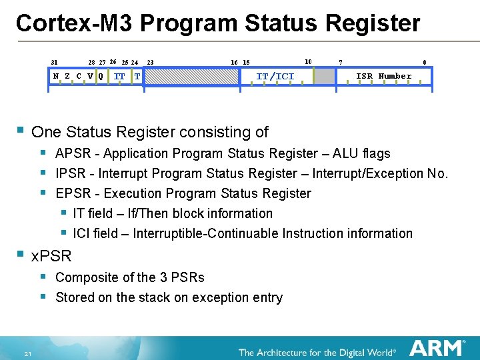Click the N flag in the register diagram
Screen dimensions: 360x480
[56, 76]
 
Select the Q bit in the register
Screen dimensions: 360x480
[101, 76]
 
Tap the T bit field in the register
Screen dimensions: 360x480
[137, 76]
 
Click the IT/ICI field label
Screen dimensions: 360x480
[275, 76]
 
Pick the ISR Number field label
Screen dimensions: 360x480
[383, 76]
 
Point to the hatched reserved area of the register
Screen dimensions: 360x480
[193, 77]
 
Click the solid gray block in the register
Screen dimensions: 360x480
[325, 77]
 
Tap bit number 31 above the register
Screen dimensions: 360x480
[55, 63]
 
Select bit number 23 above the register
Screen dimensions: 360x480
[151, 63]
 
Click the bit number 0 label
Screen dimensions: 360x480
[425, 63]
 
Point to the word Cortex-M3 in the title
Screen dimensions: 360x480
[75, 23]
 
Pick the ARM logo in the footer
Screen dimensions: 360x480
[437, 348]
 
